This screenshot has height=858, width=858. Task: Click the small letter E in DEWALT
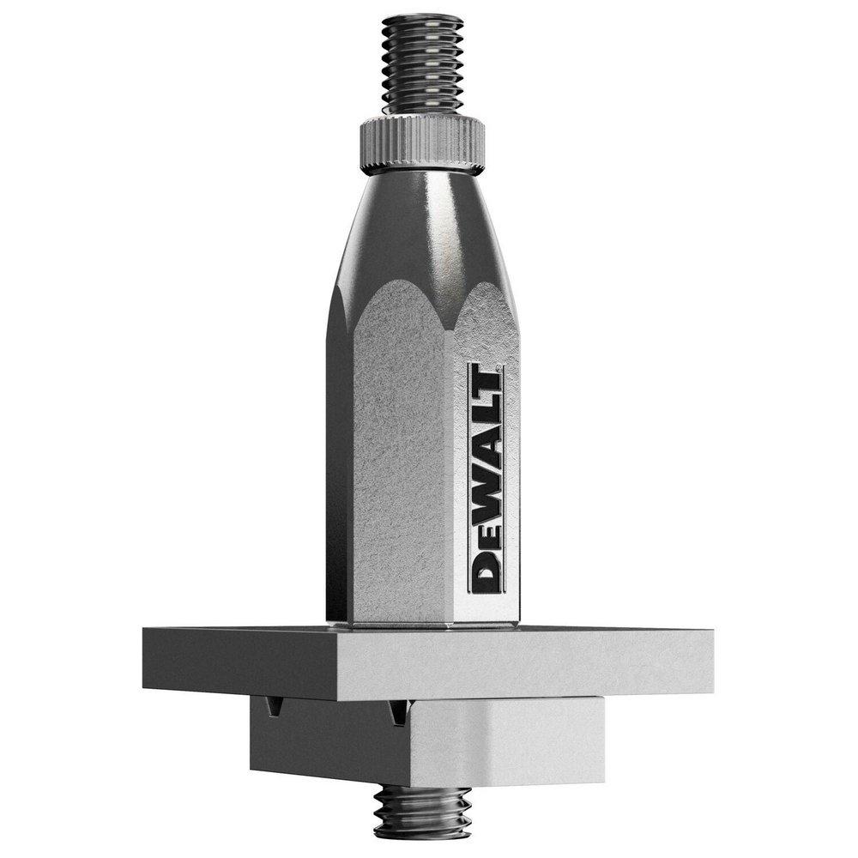tap(486, 539)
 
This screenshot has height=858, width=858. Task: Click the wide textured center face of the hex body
tap(403, 480)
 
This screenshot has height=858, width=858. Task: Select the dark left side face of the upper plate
tap(240, 661)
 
